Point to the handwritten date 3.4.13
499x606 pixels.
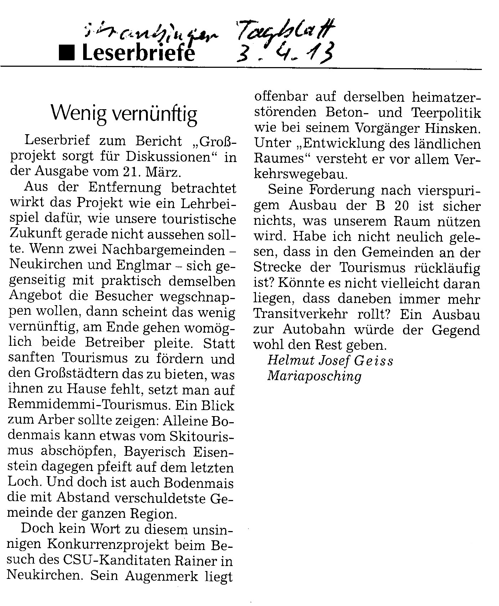(286, 54)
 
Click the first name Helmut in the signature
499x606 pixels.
(288, 361)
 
